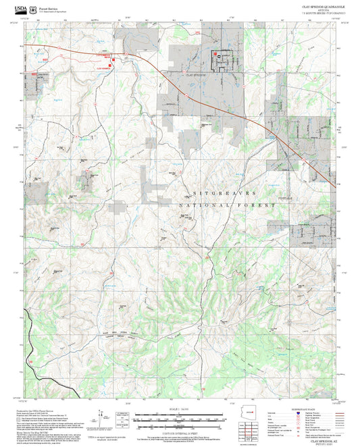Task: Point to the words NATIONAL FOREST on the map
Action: [227, 204]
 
